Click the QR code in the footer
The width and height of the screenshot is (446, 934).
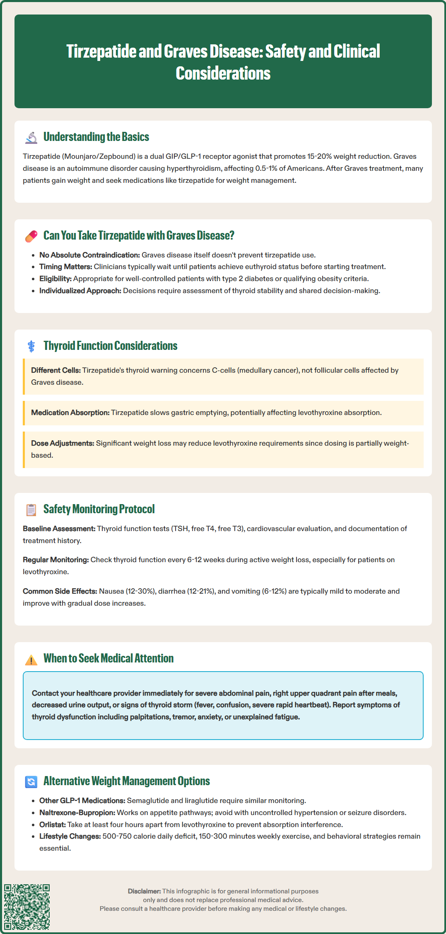[27, 907]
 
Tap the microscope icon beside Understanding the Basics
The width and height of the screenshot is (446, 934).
[31, 137]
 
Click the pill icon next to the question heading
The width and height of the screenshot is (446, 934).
[31, 236]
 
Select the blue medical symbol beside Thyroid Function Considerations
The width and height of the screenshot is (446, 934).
[31, 346]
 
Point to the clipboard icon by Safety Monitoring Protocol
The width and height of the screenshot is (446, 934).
[31, 509]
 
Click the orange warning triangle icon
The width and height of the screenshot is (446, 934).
[31, 659]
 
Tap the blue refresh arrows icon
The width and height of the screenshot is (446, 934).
[31, 781]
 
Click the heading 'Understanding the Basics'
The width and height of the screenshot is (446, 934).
[96, 137]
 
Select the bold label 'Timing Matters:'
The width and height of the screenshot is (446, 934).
[65, 267]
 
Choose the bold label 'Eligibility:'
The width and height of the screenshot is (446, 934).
[55, 279]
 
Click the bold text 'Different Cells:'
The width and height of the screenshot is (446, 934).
[56, 370]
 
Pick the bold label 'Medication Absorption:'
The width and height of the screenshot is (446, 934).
[70, 412]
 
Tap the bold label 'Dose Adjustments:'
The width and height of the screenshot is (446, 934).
[63, 443]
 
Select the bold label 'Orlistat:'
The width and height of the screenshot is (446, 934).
[53, 825]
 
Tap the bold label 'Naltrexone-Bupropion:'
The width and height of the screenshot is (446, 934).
[77, 813]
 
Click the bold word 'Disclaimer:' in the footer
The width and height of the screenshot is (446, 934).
[144, 891]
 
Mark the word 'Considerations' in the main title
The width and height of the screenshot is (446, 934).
[223, 73]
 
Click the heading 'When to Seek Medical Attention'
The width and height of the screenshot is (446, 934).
[108, 658]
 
